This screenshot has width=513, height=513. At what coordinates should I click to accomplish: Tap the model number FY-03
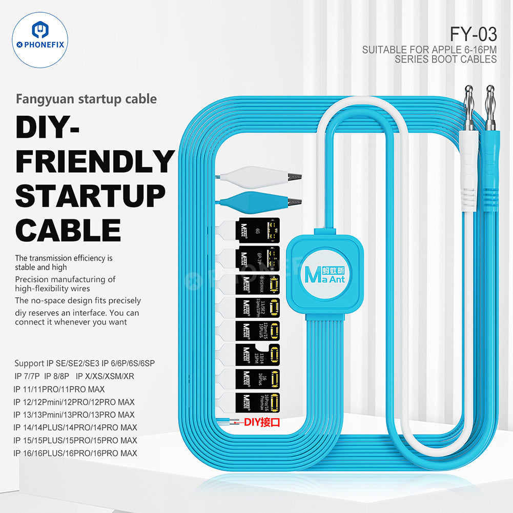[x=473, y=34]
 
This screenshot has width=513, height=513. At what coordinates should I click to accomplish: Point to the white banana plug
[x=468, y=154]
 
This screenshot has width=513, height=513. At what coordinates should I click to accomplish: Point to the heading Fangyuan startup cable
[x=86, y=98]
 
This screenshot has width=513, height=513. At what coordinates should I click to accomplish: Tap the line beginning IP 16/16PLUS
[x=75, y=453]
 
